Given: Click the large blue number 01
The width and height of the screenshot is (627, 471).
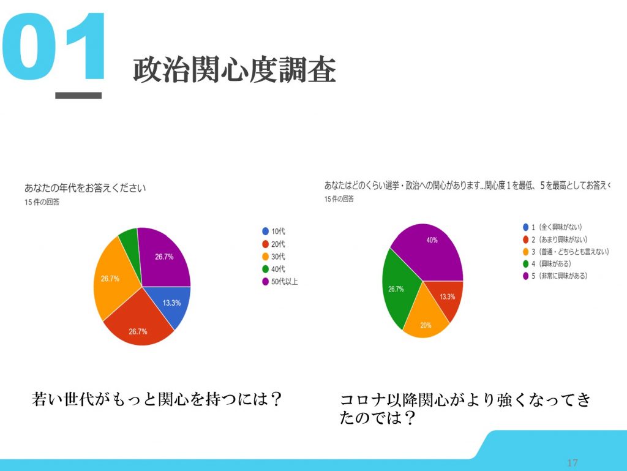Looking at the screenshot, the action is [54, 47].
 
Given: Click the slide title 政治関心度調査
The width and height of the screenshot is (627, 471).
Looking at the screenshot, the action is [234, 70].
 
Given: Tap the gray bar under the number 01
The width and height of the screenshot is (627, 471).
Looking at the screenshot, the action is [78, 95].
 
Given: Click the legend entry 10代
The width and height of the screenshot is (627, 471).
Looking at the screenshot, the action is [274, 231].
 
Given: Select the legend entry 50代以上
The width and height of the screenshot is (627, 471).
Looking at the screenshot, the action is [280, 282].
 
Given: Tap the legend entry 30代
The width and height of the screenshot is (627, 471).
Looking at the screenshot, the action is [274, 256].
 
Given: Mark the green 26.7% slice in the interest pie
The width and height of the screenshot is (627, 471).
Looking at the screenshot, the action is [398, 288].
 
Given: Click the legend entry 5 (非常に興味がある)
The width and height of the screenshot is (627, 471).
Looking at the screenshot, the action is [555, 276].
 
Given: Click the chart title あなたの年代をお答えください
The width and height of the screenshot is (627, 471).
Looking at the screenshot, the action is [85, 188].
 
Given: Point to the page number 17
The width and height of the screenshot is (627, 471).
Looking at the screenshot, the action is [573, 462].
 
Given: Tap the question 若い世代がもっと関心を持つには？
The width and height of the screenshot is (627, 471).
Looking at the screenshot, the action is [157, 399].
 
